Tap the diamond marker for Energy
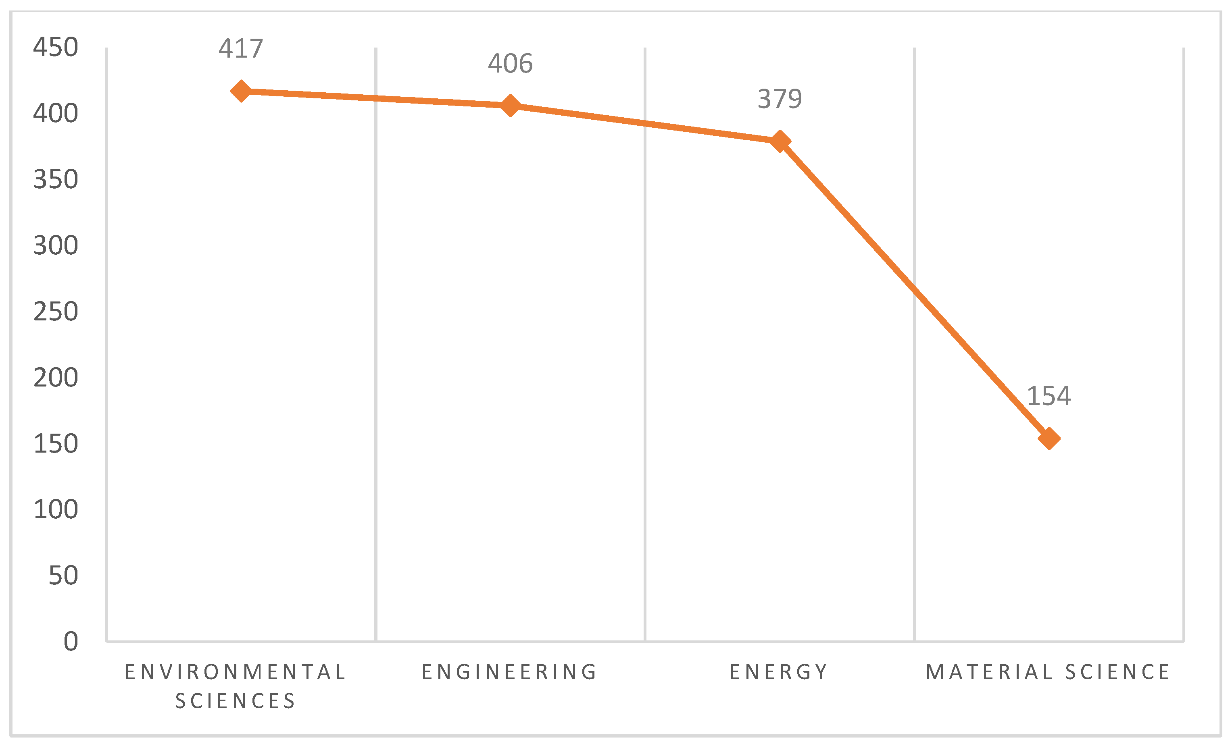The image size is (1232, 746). point(780,141)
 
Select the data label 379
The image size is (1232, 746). point(780,99)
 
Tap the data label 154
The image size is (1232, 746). point(1049,396)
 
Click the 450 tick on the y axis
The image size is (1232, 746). point(56,48)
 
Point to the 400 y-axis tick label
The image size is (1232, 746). point(56,113)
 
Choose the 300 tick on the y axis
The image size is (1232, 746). point(56,245)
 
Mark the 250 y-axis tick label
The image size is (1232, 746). point(56,311)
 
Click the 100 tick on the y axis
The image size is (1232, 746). point(56,509)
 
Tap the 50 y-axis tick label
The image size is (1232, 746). point(63,575)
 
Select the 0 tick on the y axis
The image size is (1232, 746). point(71,641)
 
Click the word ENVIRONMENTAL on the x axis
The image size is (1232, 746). point(236,672)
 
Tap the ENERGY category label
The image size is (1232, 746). point(778,672)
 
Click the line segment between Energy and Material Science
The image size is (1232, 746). point(914,290)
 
